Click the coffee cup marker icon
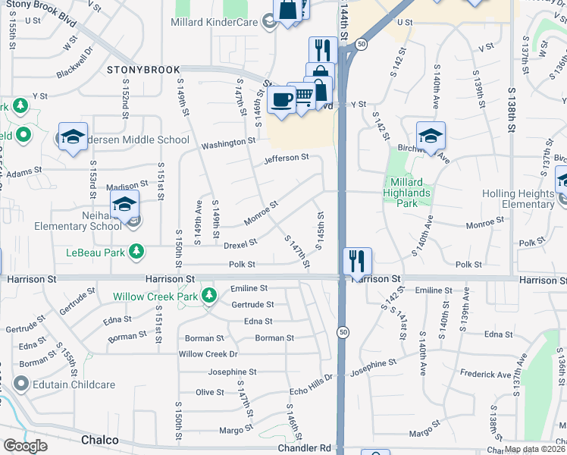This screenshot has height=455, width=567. pos(281,100)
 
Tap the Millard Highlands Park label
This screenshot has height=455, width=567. pos(410,193)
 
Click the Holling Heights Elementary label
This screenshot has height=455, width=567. pos(518,199)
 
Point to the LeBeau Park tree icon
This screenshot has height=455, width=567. pos(136,250)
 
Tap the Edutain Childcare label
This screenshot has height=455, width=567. pos(74,384)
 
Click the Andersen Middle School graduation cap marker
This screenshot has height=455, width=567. pos(73,137)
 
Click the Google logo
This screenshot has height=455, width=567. pos(25,446)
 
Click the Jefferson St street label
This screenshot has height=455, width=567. pos(287,158)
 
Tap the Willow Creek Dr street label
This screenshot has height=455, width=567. pos(208,354)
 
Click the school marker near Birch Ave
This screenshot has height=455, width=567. pos(431,136)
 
